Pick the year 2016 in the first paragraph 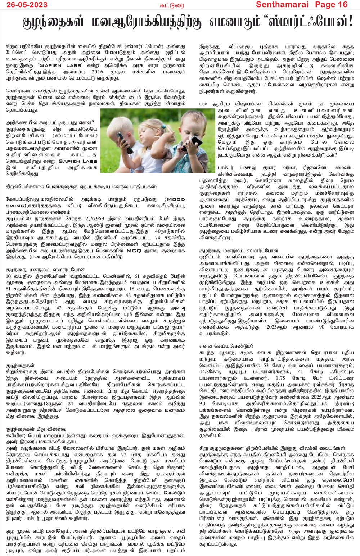97,72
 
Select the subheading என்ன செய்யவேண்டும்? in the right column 226,346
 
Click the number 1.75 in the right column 280,378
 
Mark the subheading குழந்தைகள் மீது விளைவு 36,429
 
